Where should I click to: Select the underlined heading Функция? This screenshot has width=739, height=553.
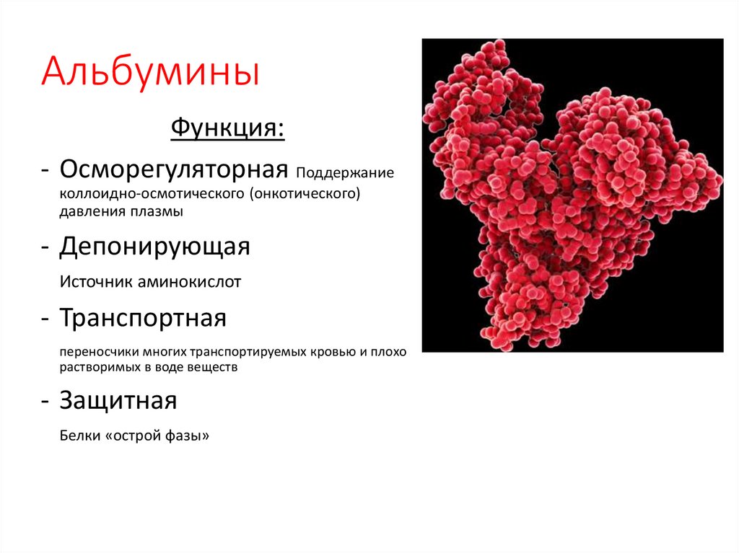[x=227, y=130]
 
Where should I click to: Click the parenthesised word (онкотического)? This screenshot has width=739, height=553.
[x=305, y=195]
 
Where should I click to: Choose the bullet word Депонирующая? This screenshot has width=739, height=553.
[x=154, y=247]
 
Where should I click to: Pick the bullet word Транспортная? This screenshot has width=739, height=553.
[x=143, y=318]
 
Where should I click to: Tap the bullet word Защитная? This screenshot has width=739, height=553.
[x=118, y=400]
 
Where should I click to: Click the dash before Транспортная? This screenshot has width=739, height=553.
[x=45, y=319]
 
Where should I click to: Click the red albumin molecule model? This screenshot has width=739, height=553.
[x=570, y=195]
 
